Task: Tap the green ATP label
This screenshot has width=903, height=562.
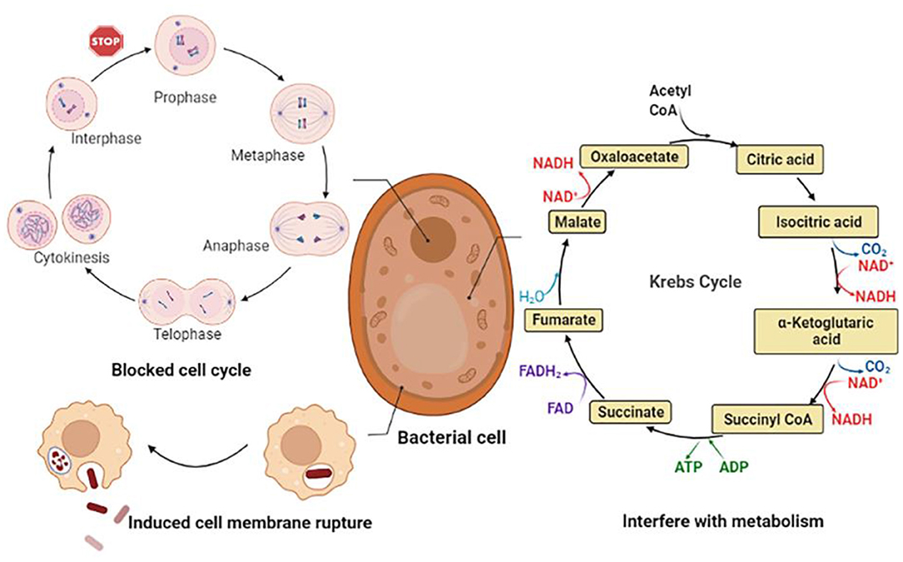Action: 681,466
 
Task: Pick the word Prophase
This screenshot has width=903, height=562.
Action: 184,98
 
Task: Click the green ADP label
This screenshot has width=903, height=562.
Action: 734,466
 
